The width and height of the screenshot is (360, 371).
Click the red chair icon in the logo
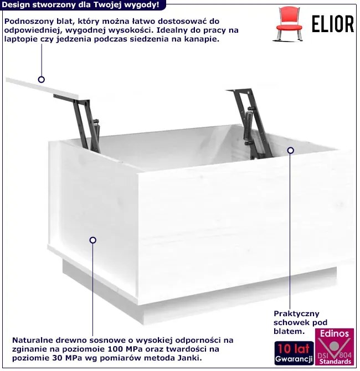pyautogui.click(x=289, y=24)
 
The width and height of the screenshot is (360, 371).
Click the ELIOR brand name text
pyautogui.click(x=332, y=24)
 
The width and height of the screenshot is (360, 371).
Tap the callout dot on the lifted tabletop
pyautogui.click(x=42, y=80)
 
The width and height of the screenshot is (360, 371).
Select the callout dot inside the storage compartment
pyautogui.click(x=290, y=150)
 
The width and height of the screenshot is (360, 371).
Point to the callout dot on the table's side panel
pyautogui.click(x=93, y=240)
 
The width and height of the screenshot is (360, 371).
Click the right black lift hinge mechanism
pyautogui.click(x=251, y=123)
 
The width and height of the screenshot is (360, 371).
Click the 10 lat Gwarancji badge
pyautogui.click(x=294, y=353)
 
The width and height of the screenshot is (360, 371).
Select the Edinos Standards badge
pyautogui.click(x=335, y=347)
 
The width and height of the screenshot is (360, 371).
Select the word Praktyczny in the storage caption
pyautogui.click(x=296, y=314)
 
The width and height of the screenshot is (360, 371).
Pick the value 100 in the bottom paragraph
pyautogui.click(x=115, y=349)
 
